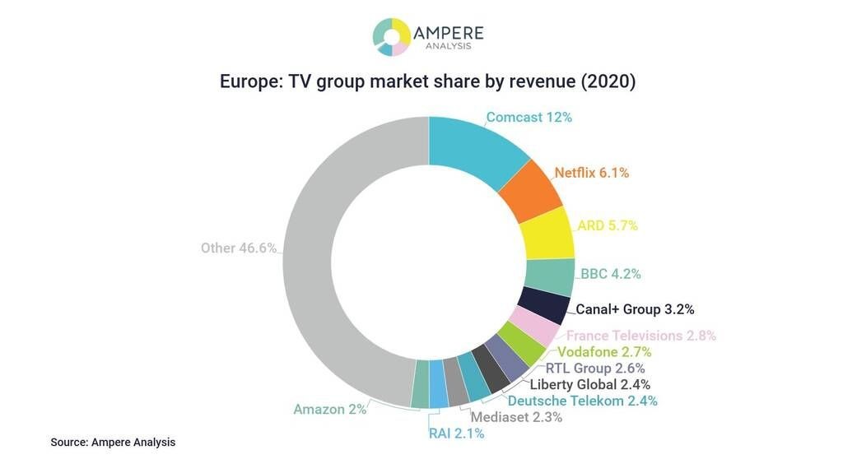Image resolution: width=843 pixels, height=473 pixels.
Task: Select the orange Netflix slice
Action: point(530,191)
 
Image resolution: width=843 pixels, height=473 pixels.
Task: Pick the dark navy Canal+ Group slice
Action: point(543,305)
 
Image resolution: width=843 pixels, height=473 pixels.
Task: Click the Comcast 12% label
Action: point(529,118)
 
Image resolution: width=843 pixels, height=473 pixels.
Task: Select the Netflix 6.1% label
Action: point(591,173)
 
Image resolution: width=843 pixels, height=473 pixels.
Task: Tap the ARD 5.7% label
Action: point(608,225)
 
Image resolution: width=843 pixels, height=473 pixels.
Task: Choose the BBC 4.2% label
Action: point(610,274)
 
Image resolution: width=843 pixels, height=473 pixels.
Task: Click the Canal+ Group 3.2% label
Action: point(635,310)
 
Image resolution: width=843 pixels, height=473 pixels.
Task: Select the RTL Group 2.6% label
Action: point(595,369)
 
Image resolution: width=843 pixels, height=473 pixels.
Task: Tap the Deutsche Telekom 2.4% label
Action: point(582,401)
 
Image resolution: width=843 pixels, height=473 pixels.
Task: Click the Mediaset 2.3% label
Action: point(516,417)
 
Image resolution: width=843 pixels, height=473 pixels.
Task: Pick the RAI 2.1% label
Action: point(456,434)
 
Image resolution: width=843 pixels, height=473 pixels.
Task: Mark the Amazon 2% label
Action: point(329,409)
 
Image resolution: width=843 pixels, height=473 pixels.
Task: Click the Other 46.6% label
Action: point(239,248)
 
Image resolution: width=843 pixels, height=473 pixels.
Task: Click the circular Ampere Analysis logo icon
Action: point(391,37)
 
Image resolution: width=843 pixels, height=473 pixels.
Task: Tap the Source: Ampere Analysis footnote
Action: point(113,443)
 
